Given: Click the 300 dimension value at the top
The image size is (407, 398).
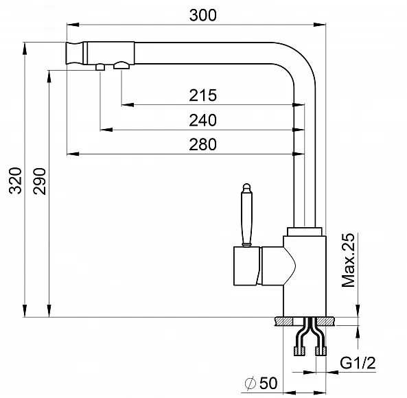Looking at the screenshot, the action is point(202,15).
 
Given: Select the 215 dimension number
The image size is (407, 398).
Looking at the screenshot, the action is point(202,95).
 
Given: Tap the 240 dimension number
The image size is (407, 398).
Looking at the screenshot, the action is point(202,120).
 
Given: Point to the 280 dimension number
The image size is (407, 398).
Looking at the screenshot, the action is point(202,145).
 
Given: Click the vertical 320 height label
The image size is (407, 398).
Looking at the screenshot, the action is point(15,180).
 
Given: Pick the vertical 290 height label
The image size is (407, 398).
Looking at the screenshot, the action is point(39,181).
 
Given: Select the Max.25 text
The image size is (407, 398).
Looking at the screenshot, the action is point(348,260).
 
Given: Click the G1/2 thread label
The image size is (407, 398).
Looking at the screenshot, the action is point(358,363).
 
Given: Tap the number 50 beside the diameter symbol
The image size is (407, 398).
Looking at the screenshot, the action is point(268,383).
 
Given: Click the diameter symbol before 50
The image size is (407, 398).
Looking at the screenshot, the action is point(251,383).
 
